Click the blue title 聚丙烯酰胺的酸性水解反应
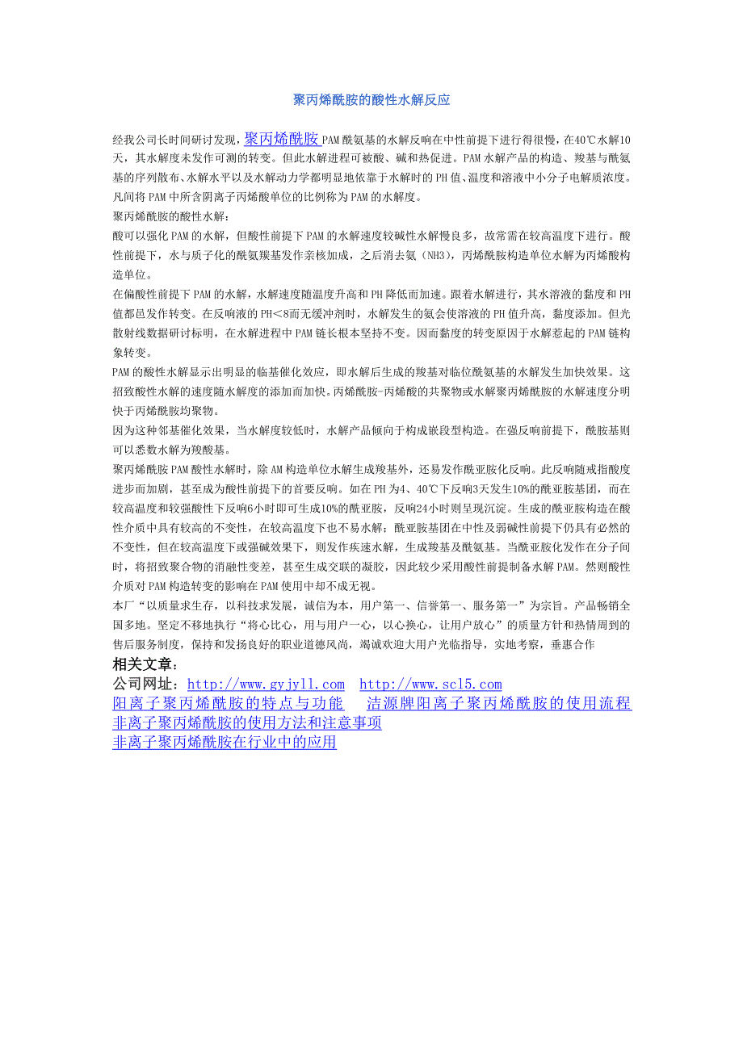pyautogui.click(x=371, y=100)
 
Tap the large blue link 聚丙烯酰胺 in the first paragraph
pyautogui.click(x=282, y=137)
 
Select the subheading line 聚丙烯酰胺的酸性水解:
pyautogui.click(x=172, y=216)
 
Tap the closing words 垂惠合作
pyautogui.click(x=573, y=644)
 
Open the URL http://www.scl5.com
pyautogui.click(x=430, y=685)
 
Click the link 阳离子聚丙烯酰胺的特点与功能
pyautogui.click(x=228, y=704)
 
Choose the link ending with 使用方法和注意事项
pyautogui.click(x=246, y=723)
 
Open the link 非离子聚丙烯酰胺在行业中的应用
pyautogui.click(x=224, y=743)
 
